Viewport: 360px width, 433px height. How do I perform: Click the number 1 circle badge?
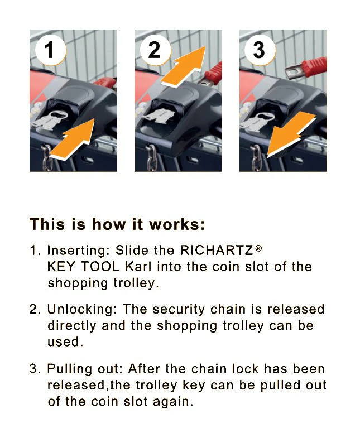pyautogui.click(x=49, y=50)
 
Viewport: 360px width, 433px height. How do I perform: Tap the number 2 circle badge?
pyautogui.click(x=154, y=50)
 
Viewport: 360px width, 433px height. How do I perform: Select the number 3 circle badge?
pyautogui.click(x=258, y=50)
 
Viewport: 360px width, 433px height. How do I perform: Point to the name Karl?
pyautogui.click(x=137, y=266)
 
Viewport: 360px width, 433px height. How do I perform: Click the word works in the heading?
pyautogui.click(x=175, y=225)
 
